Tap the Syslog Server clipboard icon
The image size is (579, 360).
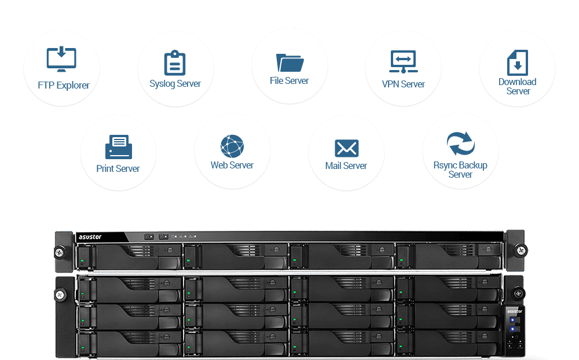tap(175, 63)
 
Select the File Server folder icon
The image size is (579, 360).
tap(289, 62)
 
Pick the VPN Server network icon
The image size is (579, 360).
tap(403, 62)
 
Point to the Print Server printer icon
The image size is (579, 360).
tap(118, 147)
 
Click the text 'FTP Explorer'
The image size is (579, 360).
tap(64, 86)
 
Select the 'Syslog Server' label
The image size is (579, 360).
tap(175, 84)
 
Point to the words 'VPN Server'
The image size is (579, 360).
tap(404, 85)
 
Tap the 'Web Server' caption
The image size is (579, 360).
tap(232, 166)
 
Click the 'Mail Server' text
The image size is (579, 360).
tap(346, 166)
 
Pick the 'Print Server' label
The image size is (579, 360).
tap(118, 169)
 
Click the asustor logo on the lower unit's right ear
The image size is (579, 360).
tap(515, 311)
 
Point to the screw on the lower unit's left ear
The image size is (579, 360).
tap(61, 295)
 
